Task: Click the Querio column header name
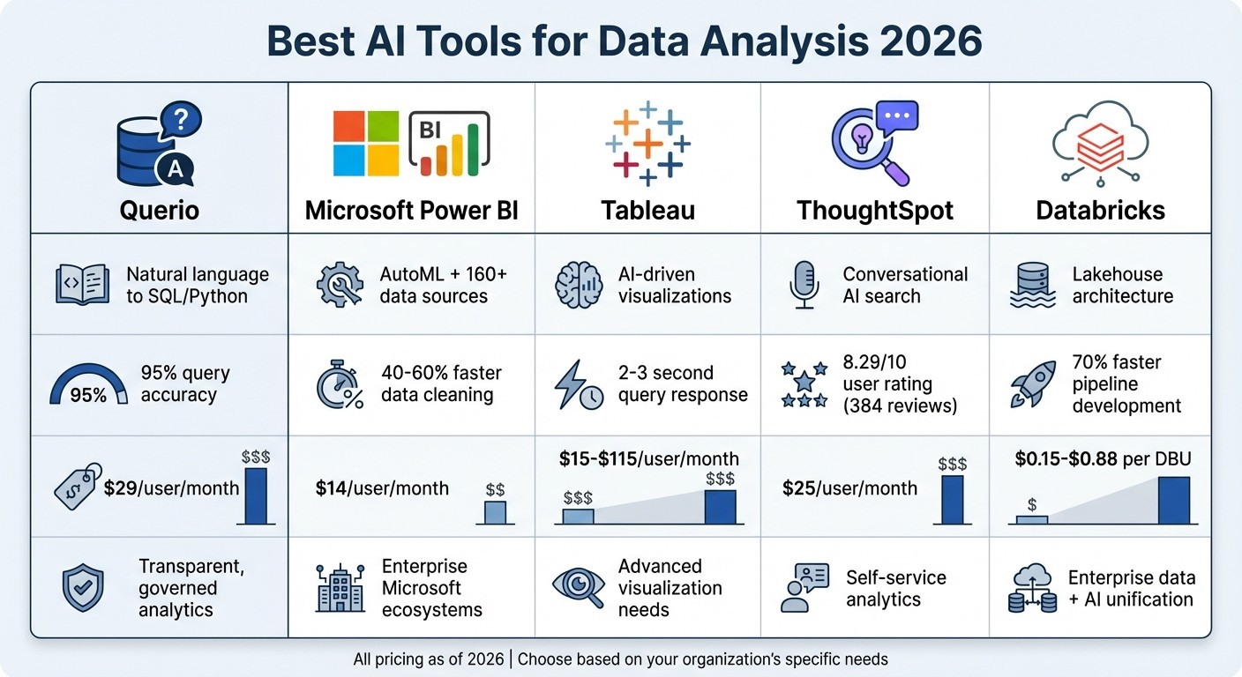160,211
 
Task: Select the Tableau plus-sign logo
647,143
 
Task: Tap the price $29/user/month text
171,487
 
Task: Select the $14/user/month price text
382,487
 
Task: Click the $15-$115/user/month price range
648,458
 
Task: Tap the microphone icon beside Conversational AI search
804,286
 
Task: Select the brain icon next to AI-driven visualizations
579,286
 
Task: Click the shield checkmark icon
83,588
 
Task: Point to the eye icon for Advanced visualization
579,586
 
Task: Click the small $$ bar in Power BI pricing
495,512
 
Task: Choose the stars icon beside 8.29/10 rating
804,384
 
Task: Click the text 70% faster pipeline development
1126,384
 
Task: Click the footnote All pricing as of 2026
428,658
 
